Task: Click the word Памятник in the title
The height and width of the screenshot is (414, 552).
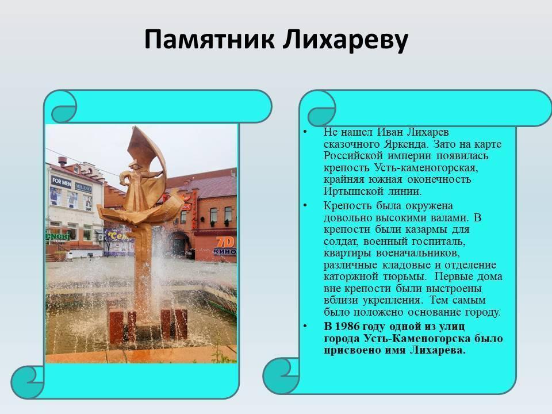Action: coord(209,40)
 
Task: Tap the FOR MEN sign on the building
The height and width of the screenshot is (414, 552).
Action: coord(62,182)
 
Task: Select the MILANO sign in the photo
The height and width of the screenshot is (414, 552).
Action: coord(83,187)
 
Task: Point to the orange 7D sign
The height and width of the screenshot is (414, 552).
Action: coord(225,241)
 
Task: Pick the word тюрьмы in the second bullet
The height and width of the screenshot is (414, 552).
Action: coord(404,277)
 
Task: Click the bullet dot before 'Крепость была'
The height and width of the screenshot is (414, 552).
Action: coord(305,205)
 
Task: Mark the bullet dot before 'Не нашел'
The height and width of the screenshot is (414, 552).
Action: coord(305,132)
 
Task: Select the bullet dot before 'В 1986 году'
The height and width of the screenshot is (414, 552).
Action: coord(305,327)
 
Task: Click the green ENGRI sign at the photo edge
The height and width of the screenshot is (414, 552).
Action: coord(57,236)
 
